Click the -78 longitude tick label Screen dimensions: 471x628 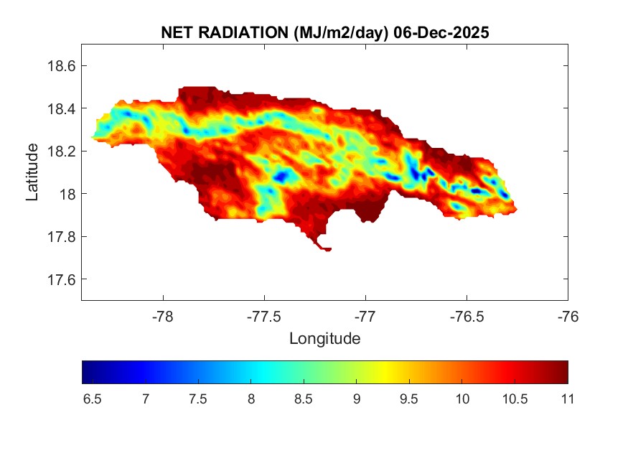tap(163, 316)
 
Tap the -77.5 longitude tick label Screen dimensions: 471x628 tap(264, 316)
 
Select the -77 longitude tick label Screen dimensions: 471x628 tap(365, 316)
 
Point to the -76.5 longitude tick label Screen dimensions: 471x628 tap(467, 316)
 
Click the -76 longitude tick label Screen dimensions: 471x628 tap(568, 316)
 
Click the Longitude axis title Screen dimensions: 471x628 tap(324, 338)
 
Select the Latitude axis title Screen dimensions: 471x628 tap(32, 172)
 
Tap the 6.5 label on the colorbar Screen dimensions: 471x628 tap(92, 398)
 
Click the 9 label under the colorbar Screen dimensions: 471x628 tap(356, 398)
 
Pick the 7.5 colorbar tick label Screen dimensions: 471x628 tap(197, 398)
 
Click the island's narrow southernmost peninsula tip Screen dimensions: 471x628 tap(328, 250)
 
